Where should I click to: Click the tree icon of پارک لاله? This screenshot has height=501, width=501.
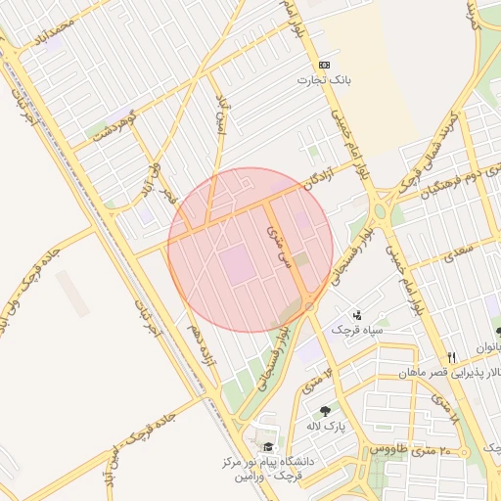(x=325, y=411)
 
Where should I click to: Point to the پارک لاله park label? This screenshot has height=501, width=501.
(x=327, y=427)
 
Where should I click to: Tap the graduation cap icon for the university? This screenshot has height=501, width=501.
(x=268, y=447)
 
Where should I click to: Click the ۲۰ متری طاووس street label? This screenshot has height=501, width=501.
(x=410, y=449)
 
